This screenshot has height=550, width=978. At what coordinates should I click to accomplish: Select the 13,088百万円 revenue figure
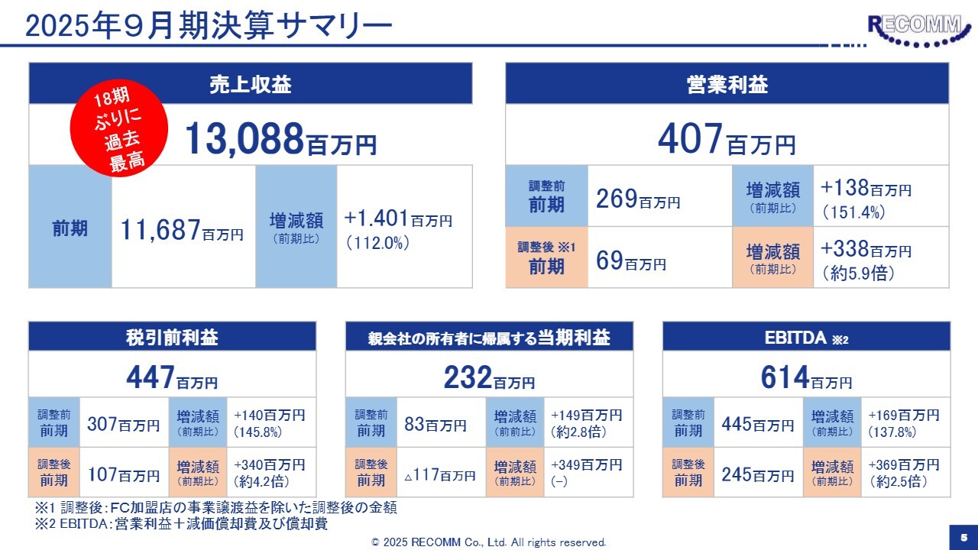(280, 138)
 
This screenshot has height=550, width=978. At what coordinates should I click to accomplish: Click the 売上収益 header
(251, 84)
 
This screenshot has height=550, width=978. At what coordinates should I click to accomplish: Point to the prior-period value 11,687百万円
(182, 229)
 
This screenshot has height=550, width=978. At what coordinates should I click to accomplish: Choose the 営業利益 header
(727, 84)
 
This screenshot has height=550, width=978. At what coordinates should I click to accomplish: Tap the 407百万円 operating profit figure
(727, 140)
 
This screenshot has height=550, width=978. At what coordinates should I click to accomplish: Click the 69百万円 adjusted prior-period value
(631, 261)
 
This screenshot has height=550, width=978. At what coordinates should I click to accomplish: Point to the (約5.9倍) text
(857, 272)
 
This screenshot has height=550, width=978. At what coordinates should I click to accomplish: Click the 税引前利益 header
(172, 337)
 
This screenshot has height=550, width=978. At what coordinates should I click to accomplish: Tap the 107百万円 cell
(124, 474)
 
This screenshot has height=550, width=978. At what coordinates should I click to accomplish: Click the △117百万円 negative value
(439, 475)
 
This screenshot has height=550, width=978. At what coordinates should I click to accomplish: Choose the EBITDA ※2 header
(806, 337)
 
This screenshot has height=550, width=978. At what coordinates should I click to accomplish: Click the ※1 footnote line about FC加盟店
(215, 508)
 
